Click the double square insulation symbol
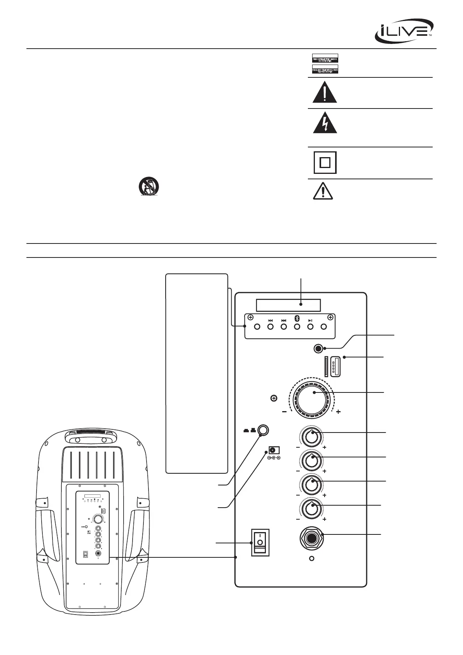(x=325, y=162)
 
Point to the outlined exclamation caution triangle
(x=323, y=191)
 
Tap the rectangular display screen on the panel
(x=288, y=305)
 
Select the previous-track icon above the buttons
(x=271, y=320)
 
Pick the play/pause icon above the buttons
(x=310, y=320)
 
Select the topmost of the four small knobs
(x=312, y=437)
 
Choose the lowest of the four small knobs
(x=312, y=508)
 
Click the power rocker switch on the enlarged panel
(x=260, y=542)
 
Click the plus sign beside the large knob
(x=339, y=412)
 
